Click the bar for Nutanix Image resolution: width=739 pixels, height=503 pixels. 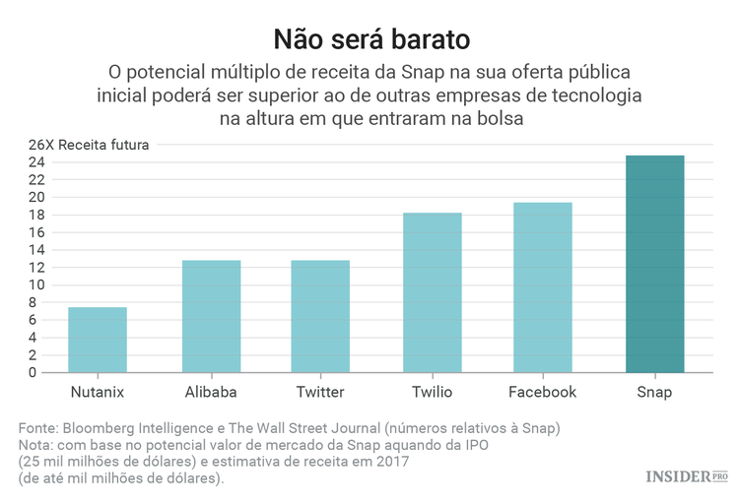coord(98,340)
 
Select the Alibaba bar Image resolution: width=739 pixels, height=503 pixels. coord(211,316)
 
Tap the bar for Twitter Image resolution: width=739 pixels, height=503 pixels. coord(320,316)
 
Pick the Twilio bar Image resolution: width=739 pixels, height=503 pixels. coord(432,292)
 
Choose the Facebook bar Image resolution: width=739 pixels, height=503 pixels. coord(542,287)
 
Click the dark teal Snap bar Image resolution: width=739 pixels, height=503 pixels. coord(654,264)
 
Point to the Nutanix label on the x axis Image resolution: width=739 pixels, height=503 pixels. coord(98,392)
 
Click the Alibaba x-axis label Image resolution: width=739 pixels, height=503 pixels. coord(211,392)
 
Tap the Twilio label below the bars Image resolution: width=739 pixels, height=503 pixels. coord(432,392)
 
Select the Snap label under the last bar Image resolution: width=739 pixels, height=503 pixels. coord(654,392)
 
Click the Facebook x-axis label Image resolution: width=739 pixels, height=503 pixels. coord(542,392)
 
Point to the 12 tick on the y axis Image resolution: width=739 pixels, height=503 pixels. coord(36,268)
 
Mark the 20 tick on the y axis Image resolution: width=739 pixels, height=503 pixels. coord(36,197)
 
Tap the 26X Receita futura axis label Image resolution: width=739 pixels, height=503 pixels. coord(89,145)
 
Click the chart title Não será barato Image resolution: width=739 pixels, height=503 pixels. coord(369,40)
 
